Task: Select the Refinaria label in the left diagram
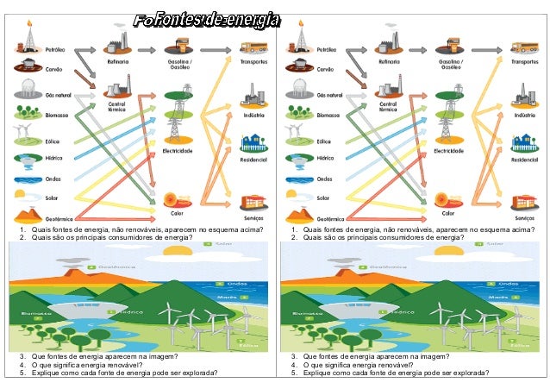(x=118, y=62)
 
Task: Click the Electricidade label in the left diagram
(x=178, y=151)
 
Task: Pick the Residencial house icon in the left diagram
(x=253, y=141)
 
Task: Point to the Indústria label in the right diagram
(x=524, y=114)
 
